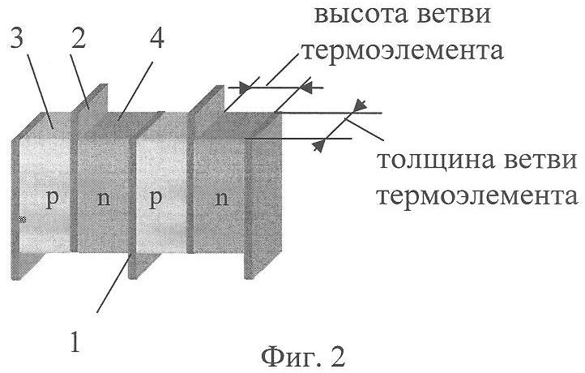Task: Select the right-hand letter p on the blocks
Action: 157,201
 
